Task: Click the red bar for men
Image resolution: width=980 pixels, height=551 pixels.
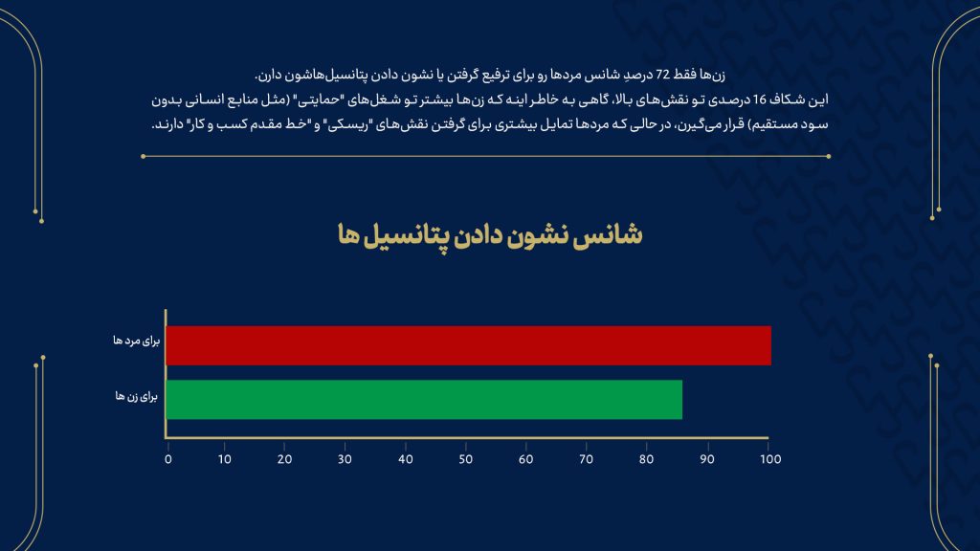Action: (468, 345)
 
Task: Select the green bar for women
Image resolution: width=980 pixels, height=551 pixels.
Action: (424, 400)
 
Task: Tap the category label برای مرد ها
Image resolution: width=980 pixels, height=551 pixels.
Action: (136, 342)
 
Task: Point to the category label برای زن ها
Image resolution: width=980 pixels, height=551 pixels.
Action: (136, 397)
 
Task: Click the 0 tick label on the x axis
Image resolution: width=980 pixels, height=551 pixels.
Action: (168, 459)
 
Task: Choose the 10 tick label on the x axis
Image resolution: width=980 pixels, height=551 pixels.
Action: (224, 459)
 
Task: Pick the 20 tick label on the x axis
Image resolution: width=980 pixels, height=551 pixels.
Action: (284, 459)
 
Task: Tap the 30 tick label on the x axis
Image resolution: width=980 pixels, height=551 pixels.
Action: (345, 459)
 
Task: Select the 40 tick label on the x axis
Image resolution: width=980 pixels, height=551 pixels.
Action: (405, 459)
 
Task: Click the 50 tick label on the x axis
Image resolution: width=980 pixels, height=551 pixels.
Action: (466, 459)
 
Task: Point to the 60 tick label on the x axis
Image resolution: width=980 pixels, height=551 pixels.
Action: (525, 459)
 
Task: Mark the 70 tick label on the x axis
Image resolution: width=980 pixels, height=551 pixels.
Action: (586, 459)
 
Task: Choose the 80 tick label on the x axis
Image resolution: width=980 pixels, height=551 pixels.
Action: (646, 459)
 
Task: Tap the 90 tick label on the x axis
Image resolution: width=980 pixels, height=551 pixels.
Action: (707, 459)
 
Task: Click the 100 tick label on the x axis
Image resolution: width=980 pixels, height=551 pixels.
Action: (770, 459)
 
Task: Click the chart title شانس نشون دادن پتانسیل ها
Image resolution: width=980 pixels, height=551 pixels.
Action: (490, 235)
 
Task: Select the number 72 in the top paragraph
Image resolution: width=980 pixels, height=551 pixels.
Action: (662, 75)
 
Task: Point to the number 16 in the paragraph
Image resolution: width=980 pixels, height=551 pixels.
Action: (759, 99)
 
